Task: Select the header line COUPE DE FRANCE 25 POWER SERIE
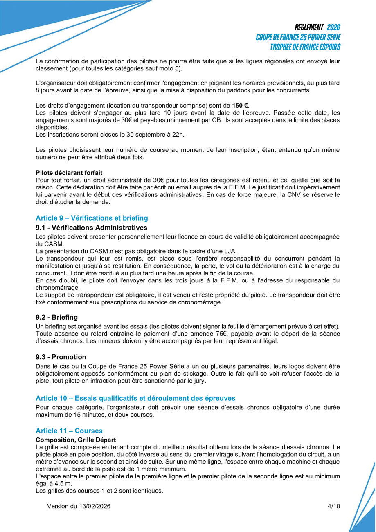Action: pyautogui.click(x=298, y=37)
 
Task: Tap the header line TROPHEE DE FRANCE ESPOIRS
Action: pyautogui.click(x=305, y=47)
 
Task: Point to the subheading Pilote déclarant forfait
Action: pyautogui.click(x=69, y=173)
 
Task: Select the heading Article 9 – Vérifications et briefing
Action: pyautogui.click(x=92, y=218)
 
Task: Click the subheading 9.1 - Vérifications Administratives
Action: pyautogui.click(x=91, y=228)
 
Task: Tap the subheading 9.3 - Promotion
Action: pyautogui.click(x=61, y=357)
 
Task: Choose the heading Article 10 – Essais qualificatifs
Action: pyautogui.click(x=135, y=398)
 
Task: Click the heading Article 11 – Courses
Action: pyautogui.click(x=69, y=431)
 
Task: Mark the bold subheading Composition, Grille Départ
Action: pyautogui.click(x=76, y=440)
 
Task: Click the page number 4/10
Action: pyautogui.click(x=334, y=506)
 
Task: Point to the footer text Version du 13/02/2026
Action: pyautogui.click(x=79, y=506)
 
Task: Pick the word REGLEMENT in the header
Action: pyautogui.click(x=309, y=27)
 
